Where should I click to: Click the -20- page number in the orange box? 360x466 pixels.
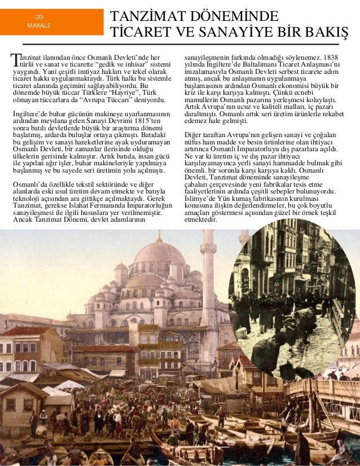39,17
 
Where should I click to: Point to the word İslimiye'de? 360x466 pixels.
204,199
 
